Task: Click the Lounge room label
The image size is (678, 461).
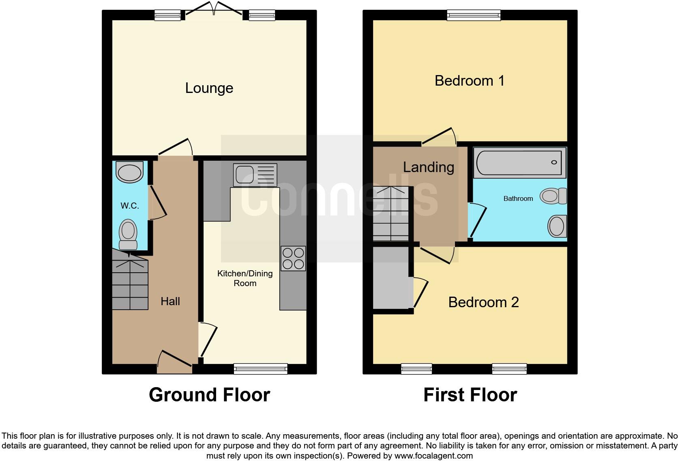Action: [209, 88]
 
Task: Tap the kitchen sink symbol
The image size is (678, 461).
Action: [255, 175]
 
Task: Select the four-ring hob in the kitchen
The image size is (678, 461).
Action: [293, 259]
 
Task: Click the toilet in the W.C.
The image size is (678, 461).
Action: [128, 235]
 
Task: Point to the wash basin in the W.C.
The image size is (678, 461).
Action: [130, 172]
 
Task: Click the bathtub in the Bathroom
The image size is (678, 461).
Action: [520, 163]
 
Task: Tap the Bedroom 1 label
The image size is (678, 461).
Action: [469, 81]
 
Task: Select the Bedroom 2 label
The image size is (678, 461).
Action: [483, 302]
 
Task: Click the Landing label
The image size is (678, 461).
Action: [428, 167]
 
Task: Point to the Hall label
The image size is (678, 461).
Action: [170, 301]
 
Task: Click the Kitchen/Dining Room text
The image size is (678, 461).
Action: [245, 278]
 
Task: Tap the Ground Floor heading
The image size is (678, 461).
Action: [209, 395]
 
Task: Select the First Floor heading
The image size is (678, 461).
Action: [470, 395]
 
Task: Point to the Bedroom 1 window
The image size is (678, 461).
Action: [474, 15]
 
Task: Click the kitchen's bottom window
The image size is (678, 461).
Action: [260, 368]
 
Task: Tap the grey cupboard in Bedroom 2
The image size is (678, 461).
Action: [391, 278]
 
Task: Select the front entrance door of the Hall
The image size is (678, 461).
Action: [175, 362]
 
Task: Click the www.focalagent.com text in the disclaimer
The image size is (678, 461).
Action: [433, 456]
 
